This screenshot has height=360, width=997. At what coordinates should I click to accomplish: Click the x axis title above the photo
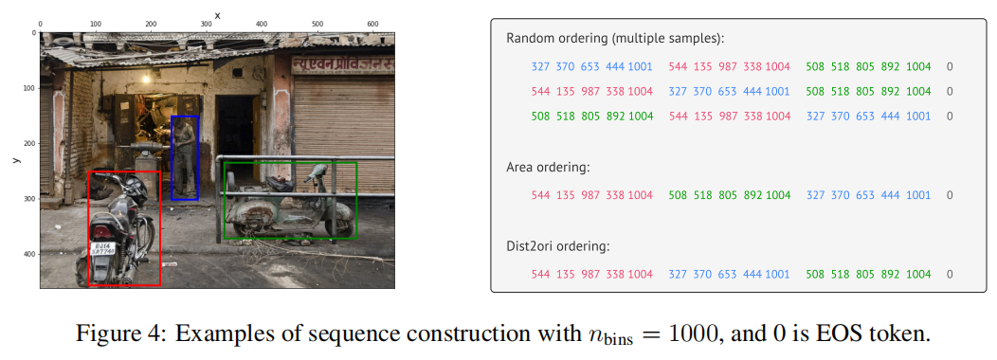tap(217, 14)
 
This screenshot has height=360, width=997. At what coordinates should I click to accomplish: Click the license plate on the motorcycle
tap(102, 251)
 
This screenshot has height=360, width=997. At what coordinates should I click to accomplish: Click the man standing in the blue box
tap(184, 156)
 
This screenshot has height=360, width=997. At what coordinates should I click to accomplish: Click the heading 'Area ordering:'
tap(548, 167)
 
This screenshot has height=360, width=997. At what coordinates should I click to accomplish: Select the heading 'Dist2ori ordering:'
tap(558, 246)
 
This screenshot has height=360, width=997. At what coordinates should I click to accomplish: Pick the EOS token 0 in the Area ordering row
tap(950, 195)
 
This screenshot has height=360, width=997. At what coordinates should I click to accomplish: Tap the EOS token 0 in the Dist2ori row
tap(950, 275)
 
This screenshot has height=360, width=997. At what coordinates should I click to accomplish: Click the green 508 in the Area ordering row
tap(680, 195)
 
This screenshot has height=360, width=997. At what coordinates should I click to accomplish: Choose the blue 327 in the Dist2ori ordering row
tap(679, 275)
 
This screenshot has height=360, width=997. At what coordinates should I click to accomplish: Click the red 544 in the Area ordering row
tap(541, 195)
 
